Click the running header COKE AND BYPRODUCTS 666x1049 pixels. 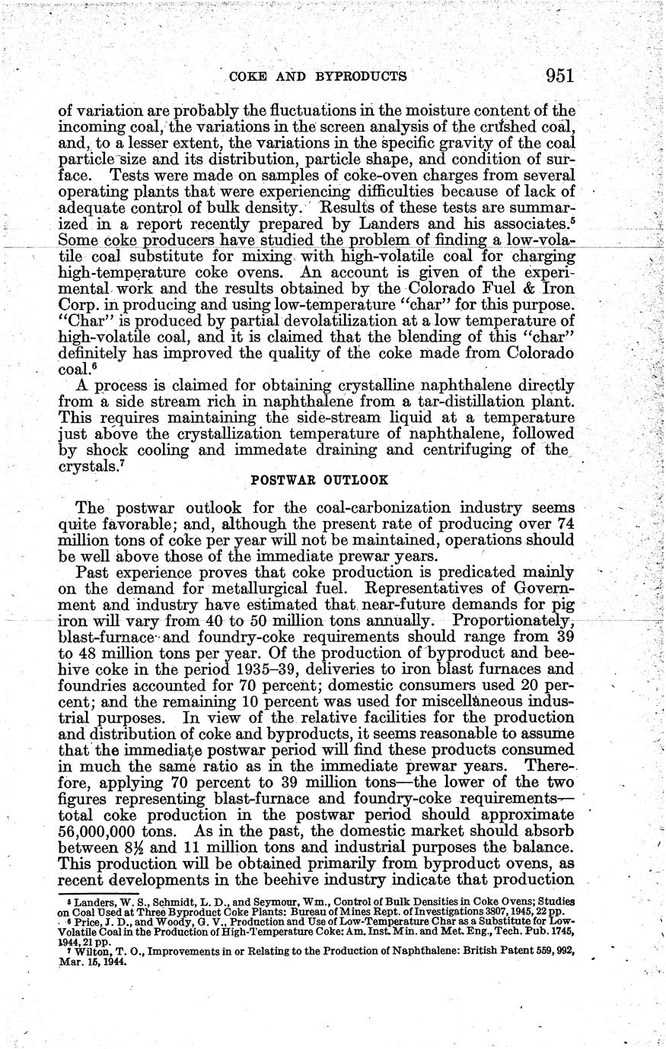pos(317,76)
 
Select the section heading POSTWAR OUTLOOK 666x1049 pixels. pos(319,481)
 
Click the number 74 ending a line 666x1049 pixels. pos(564,522)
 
